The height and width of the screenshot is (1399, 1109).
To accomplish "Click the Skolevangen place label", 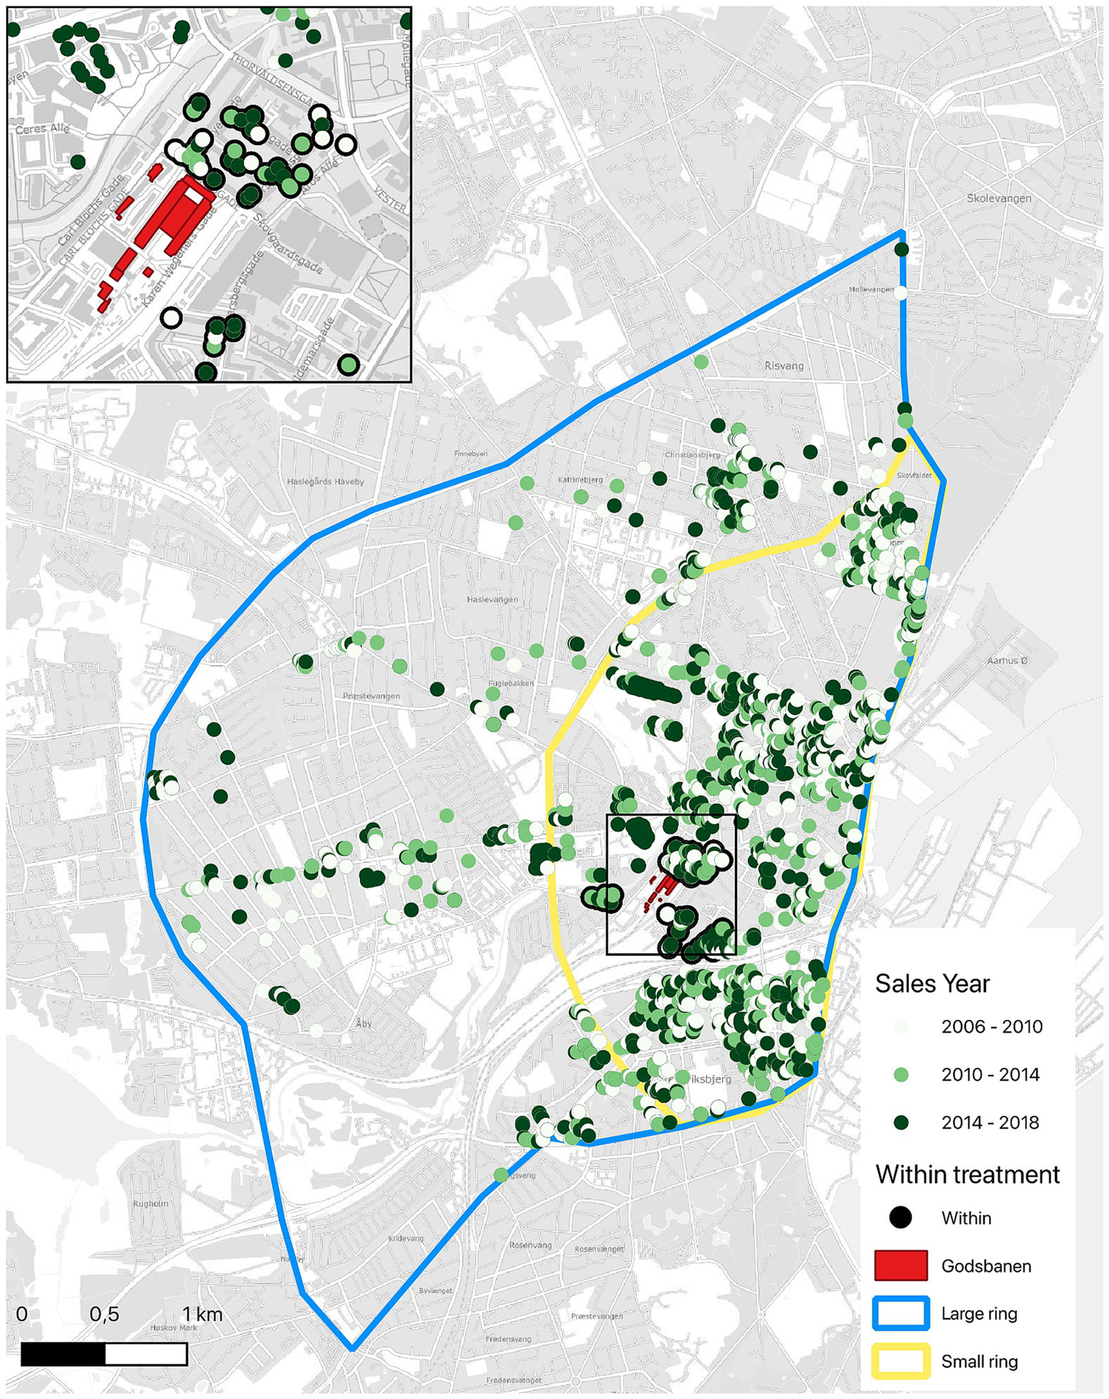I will [x=999, y=198].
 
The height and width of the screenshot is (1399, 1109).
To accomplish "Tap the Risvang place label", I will [x=784, y=365].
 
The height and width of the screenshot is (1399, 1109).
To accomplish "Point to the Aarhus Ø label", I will [x=1007, y=660].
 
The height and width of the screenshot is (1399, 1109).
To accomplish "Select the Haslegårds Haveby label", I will [x=325, y=481].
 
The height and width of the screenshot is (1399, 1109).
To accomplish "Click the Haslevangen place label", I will [x=492, y=599].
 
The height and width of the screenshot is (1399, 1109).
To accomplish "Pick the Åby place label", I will [x=363, y=1023].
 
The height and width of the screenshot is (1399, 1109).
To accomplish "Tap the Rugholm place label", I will [x=150, y=1204].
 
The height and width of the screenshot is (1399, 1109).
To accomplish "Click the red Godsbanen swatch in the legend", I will [x=900, y=1265].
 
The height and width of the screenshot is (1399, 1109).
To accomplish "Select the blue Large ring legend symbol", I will [x=900, y=1313].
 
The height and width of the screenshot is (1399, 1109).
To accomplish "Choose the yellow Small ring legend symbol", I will [x=900, y=1361].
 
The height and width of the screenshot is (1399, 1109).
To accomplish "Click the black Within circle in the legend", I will [x=900, y=1218].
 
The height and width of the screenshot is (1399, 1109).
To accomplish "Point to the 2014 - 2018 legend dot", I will [x=900, y=1122].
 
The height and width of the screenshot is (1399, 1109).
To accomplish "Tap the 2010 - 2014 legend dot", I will [x=900, y=1075].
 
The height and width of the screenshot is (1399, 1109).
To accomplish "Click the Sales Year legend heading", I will [x=932, y=984].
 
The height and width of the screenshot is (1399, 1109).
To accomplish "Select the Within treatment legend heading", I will [x=967, y=1174].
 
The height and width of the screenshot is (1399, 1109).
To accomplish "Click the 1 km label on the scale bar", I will [x=202, y=1314].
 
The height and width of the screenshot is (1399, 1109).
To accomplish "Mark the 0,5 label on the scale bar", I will [x=104, y=1314].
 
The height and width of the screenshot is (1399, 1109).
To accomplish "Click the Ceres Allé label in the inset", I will [x=43, y=129].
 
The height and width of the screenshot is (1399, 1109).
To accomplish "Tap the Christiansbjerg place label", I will [x=692, y=455].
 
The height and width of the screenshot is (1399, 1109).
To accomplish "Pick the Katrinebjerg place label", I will [x=580, y=480].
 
